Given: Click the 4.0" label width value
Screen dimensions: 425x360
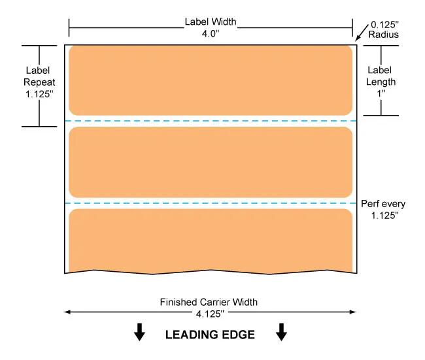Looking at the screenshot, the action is click(x=211, y=34).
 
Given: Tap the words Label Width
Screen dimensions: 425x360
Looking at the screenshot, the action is click(x=211, y=22).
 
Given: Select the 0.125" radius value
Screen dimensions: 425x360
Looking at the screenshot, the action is click(x=384, y=25).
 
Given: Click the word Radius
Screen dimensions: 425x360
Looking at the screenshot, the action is click(x=384, y=35).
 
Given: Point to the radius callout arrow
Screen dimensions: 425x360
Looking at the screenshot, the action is click(x=362, y=33).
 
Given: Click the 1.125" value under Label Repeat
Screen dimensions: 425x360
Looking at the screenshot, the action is click(x=39, y=94).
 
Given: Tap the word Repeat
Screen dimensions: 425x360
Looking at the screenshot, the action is click(x=39, y=82).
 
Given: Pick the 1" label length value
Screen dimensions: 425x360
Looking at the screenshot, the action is click(x=381, y=93).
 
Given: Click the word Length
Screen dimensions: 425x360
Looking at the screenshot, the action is click(x=381, y=82).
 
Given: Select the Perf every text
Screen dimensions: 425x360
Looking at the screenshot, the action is click(x=383, y=204).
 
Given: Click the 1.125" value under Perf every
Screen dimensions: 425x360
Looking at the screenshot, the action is click(x=385, y=216).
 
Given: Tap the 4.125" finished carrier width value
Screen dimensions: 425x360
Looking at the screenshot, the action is click(x=210, y=314).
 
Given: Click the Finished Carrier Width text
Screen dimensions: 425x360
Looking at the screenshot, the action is click(x=209, y=302).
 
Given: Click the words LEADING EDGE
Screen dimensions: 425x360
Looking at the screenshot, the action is click(x=210, y=335).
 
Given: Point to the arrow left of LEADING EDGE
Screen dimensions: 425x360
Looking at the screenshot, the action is click(x=139, y=332).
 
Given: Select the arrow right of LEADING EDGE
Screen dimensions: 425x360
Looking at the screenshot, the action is click(x=281, y=332).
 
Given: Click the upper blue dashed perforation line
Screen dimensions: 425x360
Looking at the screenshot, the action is click(x=211, y=121).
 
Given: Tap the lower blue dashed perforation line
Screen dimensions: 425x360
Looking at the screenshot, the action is click(x=211, y=203).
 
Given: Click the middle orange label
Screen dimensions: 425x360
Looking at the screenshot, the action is click(x=211, y=162).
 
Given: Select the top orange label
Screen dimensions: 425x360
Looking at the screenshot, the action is click(x=211, y=80).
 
